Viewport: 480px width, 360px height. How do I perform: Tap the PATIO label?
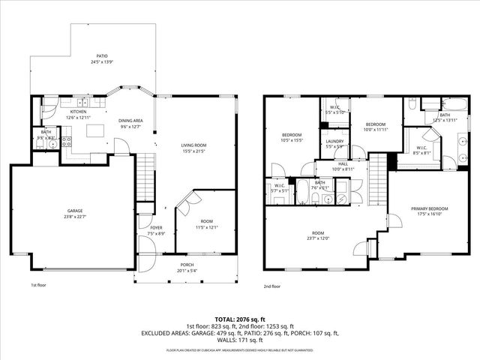point(101,55)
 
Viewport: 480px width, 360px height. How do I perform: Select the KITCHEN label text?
point(79,112)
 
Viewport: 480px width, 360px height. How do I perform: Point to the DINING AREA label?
point(130,121)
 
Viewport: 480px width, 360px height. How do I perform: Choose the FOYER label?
point(156,228)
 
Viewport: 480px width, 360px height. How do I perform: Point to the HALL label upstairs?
point(341,164)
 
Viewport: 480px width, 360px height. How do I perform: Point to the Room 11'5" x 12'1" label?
point(206,224)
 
